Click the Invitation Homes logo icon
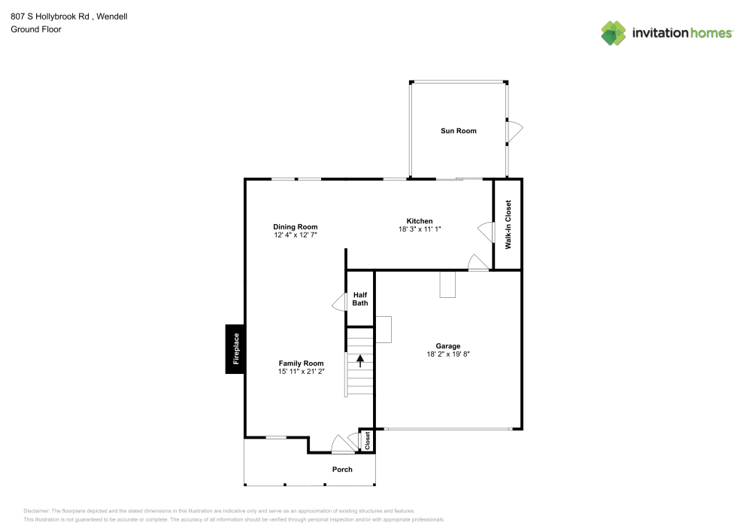coord(614,32)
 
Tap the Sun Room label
coord(458,131)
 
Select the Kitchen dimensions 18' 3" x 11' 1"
coord(419,229)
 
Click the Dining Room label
coord(295,226)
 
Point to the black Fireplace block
coord(235,348)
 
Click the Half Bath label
coord(360,299)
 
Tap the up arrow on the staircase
coord(360,360)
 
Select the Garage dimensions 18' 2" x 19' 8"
coord(448,354)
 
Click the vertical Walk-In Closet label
coord(508,224)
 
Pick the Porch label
coord(342,470)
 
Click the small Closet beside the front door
coord(367,441)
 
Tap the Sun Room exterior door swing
coord(514,132)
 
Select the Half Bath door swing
coord(339,302)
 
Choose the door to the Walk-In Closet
coord(485,229)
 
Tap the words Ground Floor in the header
coord(35,29)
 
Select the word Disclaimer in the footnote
coord(36,511)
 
